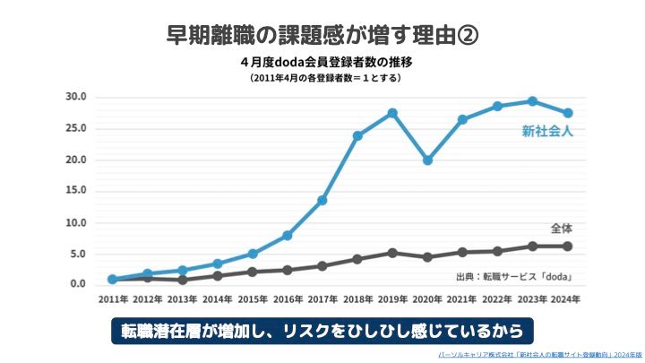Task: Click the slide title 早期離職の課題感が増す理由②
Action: pyautogui.click(x=322, y=35)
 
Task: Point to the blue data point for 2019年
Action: pyautogui.click(x=392, y=113)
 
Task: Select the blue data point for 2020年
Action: pyautogui.click(x=427, y=160)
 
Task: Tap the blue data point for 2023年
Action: pyautogui.click(x=532, y=101)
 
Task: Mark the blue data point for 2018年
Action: pyautogui.click(x=357, y=135)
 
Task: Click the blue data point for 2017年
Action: pyautogui.click(x=322, y=200)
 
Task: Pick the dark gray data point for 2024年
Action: pyautogui.click(x=568, y=246)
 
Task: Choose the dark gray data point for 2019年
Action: pyautogui.click(x=392, y=253)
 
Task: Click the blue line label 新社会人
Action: pyautogui.click(x=547, y=132)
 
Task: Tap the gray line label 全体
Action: pyautogui.click(x=560, y=227)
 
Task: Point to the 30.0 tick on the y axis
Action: pyautogui.click(x=75, y=97)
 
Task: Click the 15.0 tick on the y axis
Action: pyautogui.click(x=75, y=191)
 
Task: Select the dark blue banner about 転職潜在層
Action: pyautogui.click(x=322, y=331)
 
